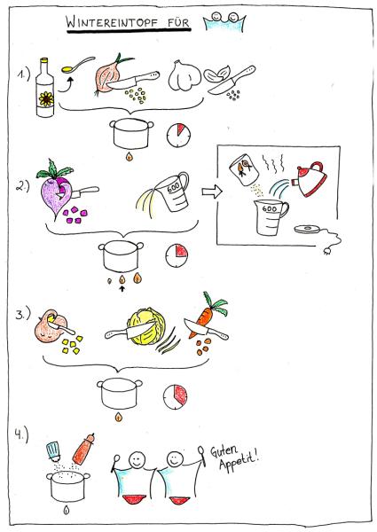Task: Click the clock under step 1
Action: coord(176,135)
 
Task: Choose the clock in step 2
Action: coord(176,255)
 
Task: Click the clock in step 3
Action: coord(176,395)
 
